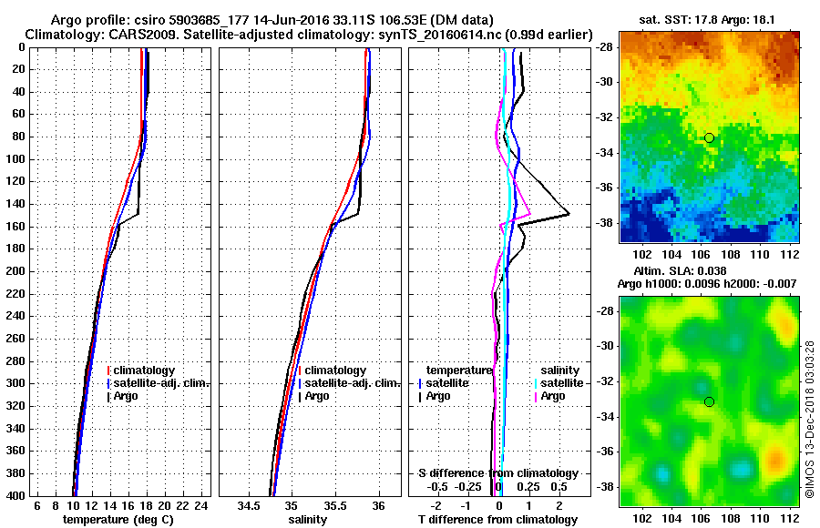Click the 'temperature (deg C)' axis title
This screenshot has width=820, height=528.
[x=118, y=519]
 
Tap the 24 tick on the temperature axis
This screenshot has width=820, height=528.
[x=202, y=506]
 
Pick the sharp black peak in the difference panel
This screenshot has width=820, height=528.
[x=569, y=214]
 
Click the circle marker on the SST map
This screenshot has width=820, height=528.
[x=709, y=137]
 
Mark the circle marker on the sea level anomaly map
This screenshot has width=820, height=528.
[x=709, y=401]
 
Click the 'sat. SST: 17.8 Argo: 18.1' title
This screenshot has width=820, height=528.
[x=709, y=17]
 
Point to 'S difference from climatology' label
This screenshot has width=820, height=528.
[x=497, y=473]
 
